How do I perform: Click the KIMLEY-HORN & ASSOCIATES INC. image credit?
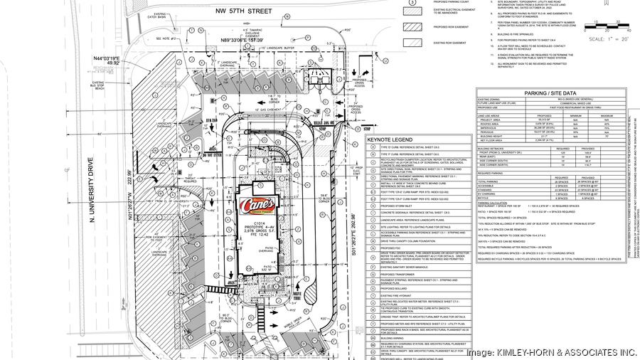pos(550,352)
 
